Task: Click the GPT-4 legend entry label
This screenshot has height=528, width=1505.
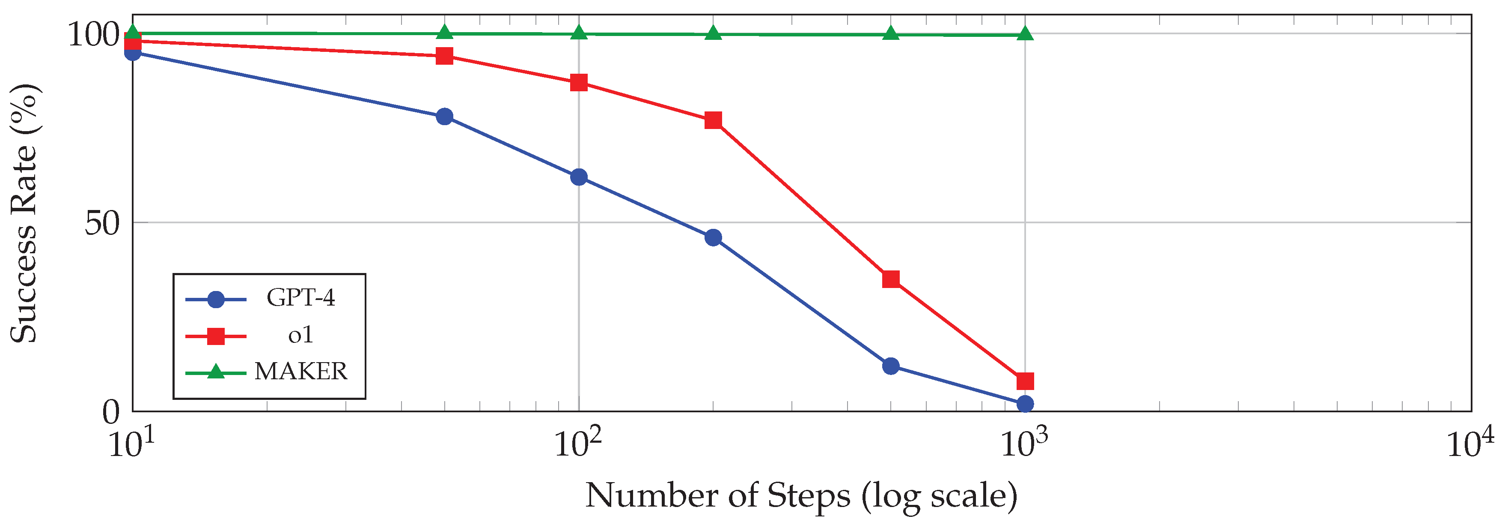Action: point(300,297)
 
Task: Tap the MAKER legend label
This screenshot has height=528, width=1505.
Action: point(300,371)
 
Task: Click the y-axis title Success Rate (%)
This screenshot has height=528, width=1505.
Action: point(24,213)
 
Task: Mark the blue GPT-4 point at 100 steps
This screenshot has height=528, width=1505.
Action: point(578,177)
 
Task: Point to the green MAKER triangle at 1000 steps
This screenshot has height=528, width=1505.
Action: point(1025,34)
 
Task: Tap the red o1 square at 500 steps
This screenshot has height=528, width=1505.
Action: point(890,279)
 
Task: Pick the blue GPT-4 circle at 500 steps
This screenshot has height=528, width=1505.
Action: point(890,366)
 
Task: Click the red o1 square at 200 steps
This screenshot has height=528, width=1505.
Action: point(713,120)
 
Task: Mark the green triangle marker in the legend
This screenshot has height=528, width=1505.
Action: point(216,372)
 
